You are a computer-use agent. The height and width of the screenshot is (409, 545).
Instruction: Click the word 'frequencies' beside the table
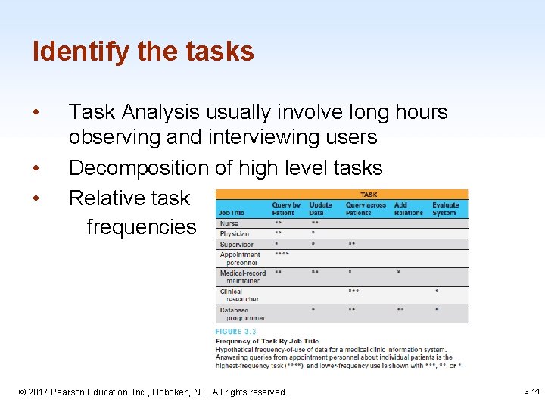pos(141,226)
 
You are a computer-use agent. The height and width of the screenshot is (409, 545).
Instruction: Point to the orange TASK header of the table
pos(369,194)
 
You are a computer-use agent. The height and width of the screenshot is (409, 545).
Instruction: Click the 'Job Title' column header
pos(231,213)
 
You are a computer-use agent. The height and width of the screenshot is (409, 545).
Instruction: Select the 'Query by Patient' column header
pos(286,209)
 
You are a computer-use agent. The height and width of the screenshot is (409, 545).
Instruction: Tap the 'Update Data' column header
pos(321,209)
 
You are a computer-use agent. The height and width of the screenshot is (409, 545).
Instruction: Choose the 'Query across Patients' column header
pos(366,209)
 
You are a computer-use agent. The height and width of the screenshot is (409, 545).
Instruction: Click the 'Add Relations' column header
pos(408,209)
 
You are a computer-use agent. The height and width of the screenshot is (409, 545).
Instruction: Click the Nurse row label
pos(229,223)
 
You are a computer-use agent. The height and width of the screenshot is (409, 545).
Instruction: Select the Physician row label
pos(234,234)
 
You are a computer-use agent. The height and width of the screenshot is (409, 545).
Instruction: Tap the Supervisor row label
pos(236,244)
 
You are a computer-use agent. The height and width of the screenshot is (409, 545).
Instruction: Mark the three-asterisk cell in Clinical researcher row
pos(353,291)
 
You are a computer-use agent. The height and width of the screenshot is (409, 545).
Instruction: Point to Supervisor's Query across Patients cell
pos(352,244)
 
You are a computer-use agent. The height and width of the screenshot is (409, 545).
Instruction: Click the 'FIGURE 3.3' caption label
pos(235,332)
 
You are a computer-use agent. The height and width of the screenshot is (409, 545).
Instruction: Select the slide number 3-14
pos(531,391)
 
